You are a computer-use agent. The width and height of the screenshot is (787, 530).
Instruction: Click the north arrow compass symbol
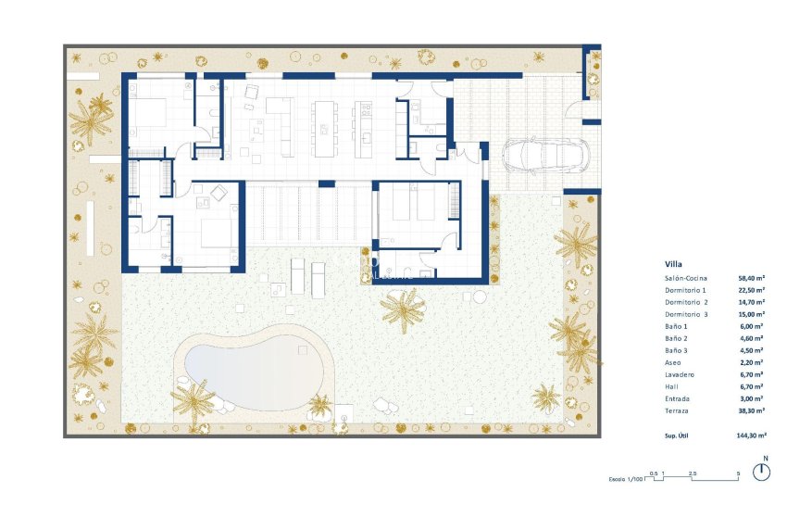(x=762, y=471)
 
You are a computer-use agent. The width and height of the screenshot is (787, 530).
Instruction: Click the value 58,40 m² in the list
(x=751, y=278)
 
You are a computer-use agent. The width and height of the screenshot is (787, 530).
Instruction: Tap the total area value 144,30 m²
(x=750, y=435)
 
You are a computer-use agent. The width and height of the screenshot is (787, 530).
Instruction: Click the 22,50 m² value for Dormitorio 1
(x=751, y=290)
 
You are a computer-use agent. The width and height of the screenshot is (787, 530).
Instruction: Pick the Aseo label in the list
(x=672, y=362)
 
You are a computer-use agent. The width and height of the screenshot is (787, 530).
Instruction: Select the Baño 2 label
(x=677, y=338)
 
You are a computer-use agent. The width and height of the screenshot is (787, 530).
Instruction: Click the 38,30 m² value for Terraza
(x=751, y=410)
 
